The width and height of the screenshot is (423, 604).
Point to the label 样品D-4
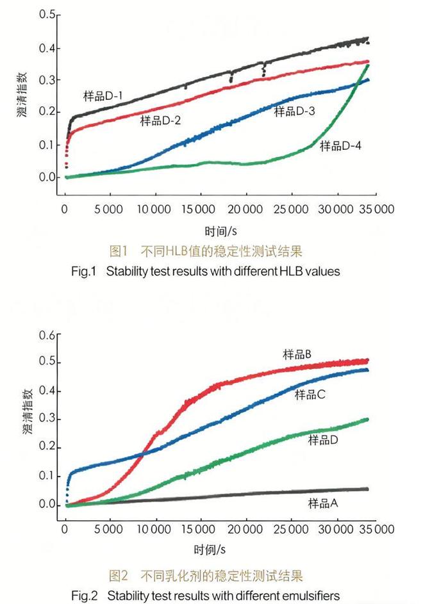click(x=340, y=145)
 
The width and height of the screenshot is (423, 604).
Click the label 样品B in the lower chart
click(x=297, y=354)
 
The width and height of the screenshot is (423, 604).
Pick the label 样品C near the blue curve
click(x=311, y=395)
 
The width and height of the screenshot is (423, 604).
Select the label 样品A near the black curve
click(x=323, y=503)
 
